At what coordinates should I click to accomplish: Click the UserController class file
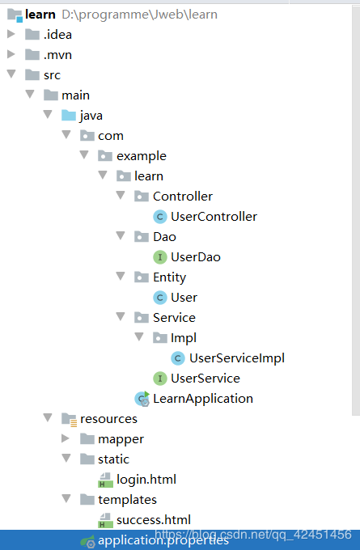tap(214, 217)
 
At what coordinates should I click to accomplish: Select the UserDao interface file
tap(195, 257)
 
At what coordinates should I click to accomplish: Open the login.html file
tap(146, 480)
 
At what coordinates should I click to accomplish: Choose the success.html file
tap(153, 520)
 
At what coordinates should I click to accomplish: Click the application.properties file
tap(163, 540)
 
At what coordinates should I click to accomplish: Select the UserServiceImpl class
tap(236, 358)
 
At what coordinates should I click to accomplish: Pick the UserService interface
tap(205, 379)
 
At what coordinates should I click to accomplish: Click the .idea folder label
tap(56, 34)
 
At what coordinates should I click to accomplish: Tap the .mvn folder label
tap(57, 54)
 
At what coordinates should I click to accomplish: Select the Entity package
tap(169, 277)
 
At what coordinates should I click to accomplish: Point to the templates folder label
tap(127, 500)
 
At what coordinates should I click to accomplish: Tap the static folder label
tap(113, 459)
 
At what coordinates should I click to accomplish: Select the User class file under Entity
tap(184, 298)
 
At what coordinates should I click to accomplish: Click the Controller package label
tap(182, 197)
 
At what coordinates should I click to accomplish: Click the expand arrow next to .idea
tap(11, 34)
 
